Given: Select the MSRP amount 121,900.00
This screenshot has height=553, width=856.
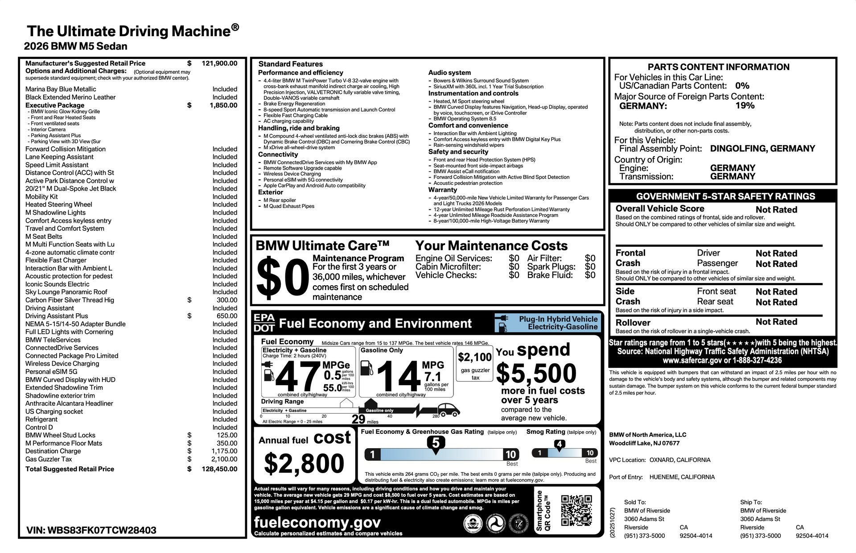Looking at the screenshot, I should [x=219, y=63].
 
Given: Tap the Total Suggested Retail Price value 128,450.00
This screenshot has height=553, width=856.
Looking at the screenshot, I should [x=219, y=469].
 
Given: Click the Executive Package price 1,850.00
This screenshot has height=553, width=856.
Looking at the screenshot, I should [x=223, y=105].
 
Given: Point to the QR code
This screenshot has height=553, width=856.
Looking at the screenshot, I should [x=576, y=510].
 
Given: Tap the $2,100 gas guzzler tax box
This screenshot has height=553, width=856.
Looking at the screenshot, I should [x=475, y=365].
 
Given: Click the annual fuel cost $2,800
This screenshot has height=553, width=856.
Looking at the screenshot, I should [x=304, y=463].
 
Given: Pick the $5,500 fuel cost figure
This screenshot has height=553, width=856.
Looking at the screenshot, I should [x=536, y=373].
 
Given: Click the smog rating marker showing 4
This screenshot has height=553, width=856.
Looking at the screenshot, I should [x=559, y=444].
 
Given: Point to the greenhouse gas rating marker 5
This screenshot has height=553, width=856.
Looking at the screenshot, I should [x=436, y=443].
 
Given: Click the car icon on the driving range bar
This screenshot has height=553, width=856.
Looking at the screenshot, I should [x=449, y=409].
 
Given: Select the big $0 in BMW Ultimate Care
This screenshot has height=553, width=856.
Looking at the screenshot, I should [x=283, y=279].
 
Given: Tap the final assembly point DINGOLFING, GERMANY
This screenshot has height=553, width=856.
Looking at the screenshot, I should [x=762, y=149].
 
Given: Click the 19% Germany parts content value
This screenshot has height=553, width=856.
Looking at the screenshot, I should [x=745, y=106].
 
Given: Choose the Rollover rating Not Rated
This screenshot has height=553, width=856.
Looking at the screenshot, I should [x=776, y=322].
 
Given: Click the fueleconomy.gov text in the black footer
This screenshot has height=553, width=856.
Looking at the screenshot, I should [x=317, y=522].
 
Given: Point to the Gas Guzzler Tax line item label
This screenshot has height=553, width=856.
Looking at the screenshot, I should [x=49, y=459].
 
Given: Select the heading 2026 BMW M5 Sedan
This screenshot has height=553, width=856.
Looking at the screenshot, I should [x=76, y=46].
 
